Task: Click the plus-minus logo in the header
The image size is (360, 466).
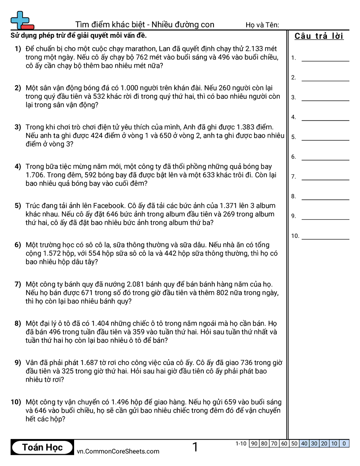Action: (x=22, y=20)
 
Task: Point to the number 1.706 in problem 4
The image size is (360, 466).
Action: (x=37, y=175)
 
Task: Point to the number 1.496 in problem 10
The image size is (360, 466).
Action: (x=122, y=402)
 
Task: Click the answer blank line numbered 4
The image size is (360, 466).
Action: (x=325, y=120)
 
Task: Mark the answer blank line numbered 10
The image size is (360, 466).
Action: (x=325, y=239)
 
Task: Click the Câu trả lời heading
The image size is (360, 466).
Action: (x=319, y=36)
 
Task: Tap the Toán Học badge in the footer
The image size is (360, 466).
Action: (x=42, y=447)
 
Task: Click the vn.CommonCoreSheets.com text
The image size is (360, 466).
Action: (x=118, y=451)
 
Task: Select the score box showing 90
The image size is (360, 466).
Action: (x=254, y=443)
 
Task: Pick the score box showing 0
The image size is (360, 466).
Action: (x=344, y=443)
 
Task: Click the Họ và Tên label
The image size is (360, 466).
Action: (x=262, y=25)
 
